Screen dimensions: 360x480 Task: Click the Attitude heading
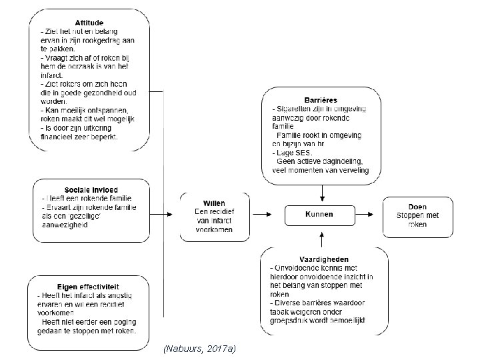89,23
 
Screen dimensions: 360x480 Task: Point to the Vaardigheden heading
324,259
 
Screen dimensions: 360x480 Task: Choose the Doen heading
418,207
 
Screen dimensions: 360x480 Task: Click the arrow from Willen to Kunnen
262,215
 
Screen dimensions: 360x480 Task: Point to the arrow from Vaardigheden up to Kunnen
323,237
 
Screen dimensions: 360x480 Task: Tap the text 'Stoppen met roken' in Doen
418,219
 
